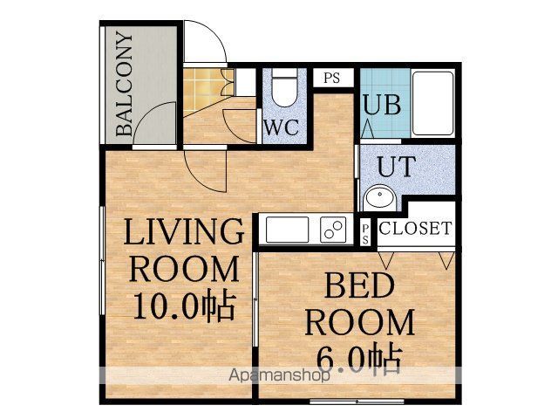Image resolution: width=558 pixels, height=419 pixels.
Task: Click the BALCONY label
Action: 125,84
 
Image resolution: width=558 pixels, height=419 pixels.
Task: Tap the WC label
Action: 282,127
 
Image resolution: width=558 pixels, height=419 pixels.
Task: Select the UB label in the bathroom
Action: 382,104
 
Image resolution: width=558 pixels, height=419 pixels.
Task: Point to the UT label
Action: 397,167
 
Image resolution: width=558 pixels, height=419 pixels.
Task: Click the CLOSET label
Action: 415,228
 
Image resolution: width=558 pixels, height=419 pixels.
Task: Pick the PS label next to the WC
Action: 331,78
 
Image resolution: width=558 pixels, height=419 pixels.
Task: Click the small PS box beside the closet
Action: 364,233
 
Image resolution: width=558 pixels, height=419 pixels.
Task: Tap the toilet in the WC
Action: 283,87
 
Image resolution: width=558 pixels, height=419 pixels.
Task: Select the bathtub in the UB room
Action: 432,103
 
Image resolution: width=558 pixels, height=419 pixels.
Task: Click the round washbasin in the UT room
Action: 380,196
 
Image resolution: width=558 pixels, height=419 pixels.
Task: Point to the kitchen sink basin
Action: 287,230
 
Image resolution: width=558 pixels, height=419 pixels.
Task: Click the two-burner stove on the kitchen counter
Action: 333,230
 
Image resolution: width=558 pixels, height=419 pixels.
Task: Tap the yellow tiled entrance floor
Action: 201,87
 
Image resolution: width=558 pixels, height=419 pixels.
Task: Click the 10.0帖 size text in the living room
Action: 184,306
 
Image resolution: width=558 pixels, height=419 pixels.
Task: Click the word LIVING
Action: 184,231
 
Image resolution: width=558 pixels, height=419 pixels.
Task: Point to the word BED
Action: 359,285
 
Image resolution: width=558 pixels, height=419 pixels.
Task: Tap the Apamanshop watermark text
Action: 279,374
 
